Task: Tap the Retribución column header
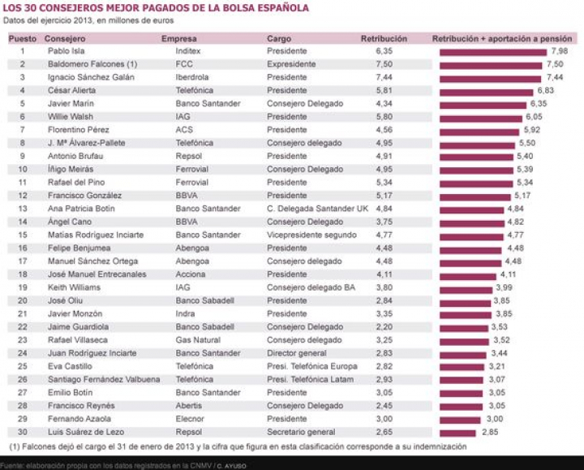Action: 384,38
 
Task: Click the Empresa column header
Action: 178,38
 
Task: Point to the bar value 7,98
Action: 559,51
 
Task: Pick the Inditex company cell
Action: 189,51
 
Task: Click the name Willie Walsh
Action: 70,117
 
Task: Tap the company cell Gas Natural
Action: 195,340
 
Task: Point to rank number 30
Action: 23,432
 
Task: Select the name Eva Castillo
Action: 69,366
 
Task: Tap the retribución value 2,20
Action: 384,327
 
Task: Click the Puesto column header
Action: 23,38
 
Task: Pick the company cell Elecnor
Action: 190,419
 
